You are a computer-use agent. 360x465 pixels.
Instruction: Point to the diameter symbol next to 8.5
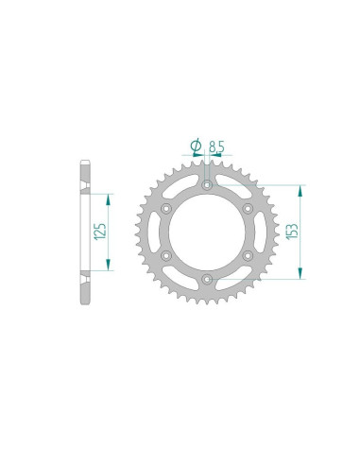[x=196, y=145]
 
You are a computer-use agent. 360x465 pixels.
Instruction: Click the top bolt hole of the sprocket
[x=207, y=184]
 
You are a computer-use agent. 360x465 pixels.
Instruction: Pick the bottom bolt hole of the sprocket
[x=207, y=279]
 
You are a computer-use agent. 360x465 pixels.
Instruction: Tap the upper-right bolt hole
[x=248, y=208]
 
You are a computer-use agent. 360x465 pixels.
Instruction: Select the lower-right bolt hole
[x=248, y=255]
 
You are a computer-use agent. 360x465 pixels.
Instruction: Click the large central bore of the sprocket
[x=207, y=232]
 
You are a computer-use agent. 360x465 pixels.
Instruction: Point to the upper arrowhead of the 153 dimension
[x=300, y=187]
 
